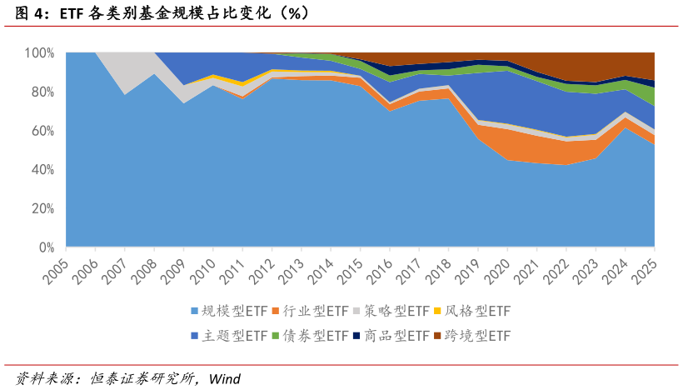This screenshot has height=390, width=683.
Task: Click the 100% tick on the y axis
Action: point(39,52)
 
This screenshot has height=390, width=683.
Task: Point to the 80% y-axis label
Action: point(42,92)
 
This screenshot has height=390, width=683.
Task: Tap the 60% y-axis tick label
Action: point(42,131)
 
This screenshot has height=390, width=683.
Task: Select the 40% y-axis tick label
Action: point(42,170)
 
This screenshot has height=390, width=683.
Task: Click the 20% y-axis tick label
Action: point(42,208)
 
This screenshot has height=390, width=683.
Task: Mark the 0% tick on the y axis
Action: point(45,247)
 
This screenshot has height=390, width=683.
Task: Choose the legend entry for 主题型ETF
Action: point(233,336)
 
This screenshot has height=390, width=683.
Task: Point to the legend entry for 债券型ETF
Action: point(315,336)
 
